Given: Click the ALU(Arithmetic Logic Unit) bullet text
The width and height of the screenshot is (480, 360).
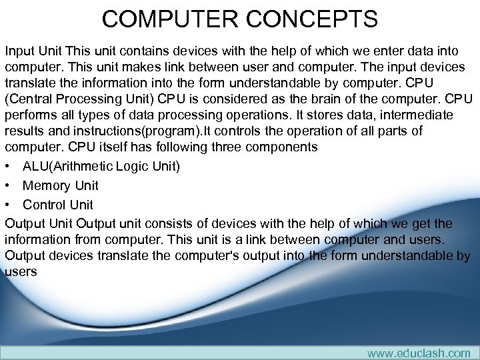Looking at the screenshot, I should click(101, 166).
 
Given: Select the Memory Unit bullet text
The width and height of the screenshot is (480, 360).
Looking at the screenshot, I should click(60, 185).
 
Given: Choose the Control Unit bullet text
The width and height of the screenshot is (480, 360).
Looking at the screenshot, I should click(58, 205).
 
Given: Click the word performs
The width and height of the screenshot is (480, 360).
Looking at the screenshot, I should click(31, 115).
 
